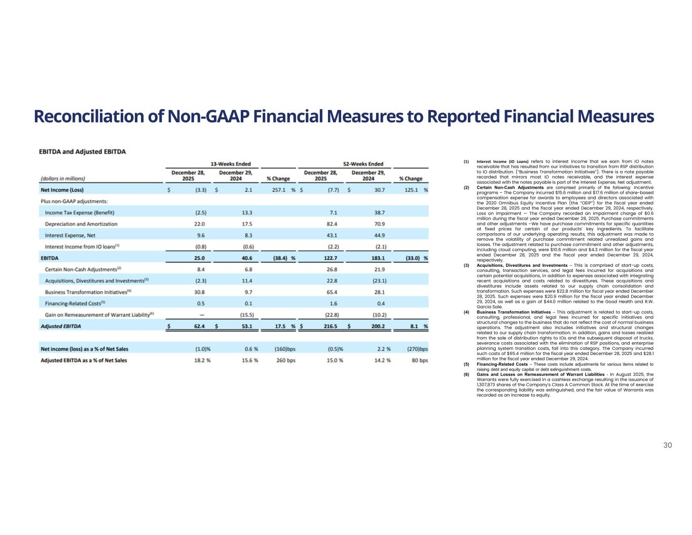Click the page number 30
(x=667, y=445)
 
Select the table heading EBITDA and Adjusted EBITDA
(x=83, y=151)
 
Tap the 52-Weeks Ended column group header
(x=363, y=164)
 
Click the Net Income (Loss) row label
(x=62, y=190)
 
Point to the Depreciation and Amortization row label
(x=81, y=224)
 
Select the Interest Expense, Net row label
(x=70, y=235)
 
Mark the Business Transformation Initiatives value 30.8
(x=199, y=292)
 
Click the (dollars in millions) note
(x=62, y=179)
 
